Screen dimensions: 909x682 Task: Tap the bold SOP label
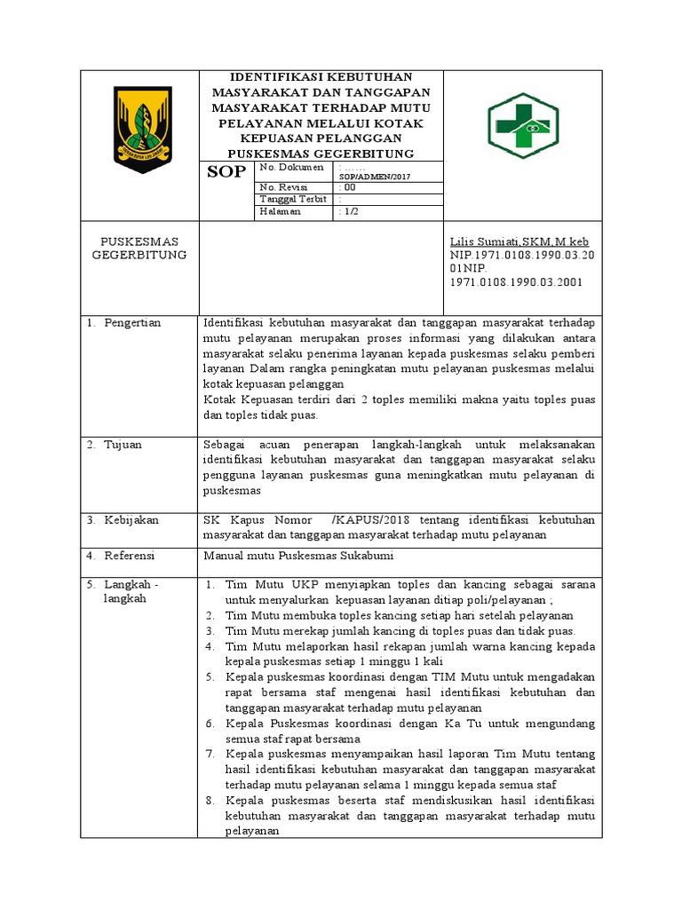(x=226, y=172)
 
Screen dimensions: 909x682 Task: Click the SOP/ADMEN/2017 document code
(x=377, y=177)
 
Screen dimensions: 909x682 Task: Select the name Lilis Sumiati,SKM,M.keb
(x=519, y=242)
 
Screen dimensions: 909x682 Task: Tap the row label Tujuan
(x=123, y=444)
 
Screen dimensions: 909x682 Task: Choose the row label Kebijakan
(x=131, y=520)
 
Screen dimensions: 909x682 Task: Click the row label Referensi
(x=130, y=556)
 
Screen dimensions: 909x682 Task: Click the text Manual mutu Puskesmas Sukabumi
(x=297, y=556)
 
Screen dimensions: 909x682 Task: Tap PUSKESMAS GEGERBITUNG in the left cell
(x=139, y=249)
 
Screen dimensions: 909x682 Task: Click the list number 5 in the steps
(x=210, y=676)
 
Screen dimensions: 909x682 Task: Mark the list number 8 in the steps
(x=210, y=801)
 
